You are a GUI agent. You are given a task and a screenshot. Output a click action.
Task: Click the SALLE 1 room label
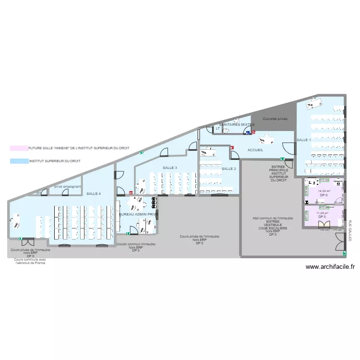tap(304, 140)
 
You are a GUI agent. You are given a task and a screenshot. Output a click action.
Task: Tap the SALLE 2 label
tap(228, 169)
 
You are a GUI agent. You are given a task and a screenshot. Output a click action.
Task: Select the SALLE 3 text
tap(170, 168)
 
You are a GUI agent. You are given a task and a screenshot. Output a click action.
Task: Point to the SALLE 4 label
tap(94, 193)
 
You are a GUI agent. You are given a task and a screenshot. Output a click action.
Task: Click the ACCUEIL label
tap(255, 150)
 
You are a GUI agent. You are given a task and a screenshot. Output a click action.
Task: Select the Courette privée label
tap(275, 118)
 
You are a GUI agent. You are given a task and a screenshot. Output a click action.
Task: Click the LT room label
tap(217, 129)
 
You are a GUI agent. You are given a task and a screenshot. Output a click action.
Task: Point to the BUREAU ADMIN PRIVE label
tap(138, 214)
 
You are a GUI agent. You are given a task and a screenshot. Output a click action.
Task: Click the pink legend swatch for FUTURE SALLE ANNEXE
tap(19, 149)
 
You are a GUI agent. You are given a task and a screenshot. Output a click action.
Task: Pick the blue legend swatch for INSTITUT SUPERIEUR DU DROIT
tap(19, 162)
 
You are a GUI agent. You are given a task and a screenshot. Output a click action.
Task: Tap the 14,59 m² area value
tap(324, 191)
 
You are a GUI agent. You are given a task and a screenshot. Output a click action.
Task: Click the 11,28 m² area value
tap(322, 213)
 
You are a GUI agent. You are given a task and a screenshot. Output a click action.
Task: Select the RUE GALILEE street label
tap(350, 230)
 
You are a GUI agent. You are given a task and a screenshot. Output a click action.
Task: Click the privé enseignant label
tap(67, 186)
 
